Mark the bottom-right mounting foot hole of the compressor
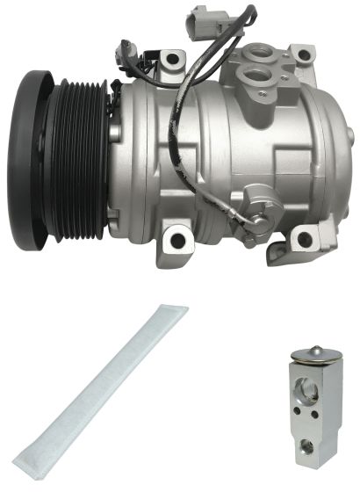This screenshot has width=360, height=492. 304,239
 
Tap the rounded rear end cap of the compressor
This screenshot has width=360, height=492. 329,149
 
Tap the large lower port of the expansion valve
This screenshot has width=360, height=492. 307,445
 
